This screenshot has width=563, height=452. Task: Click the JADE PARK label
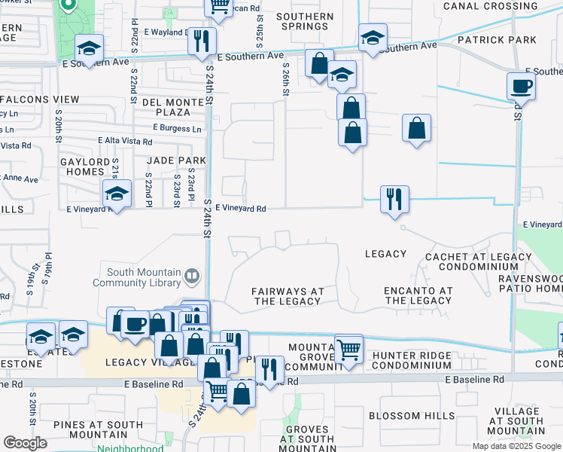(176, 160)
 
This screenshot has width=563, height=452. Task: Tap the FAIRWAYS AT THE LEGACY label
(288, 296)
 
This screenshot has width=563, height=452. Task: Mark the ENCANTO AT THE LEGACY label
(417, 295)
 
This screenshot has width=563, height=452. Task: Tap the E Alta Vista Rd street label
(125, 141)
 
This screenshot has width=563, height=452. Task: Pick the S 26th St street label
(286, 80)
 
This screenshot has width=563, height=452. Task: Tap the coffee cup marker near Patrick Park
(521, 86)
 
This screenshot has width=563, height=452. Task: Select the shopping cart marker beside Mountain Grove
(348, 348)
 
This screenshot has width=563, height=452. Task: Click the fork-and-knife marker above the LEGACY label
(394, 200)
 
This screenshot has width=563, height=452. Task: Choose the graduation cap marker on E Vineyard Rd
(117, 194)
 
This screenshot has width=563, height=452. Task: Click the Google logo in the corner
(25, 443)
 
